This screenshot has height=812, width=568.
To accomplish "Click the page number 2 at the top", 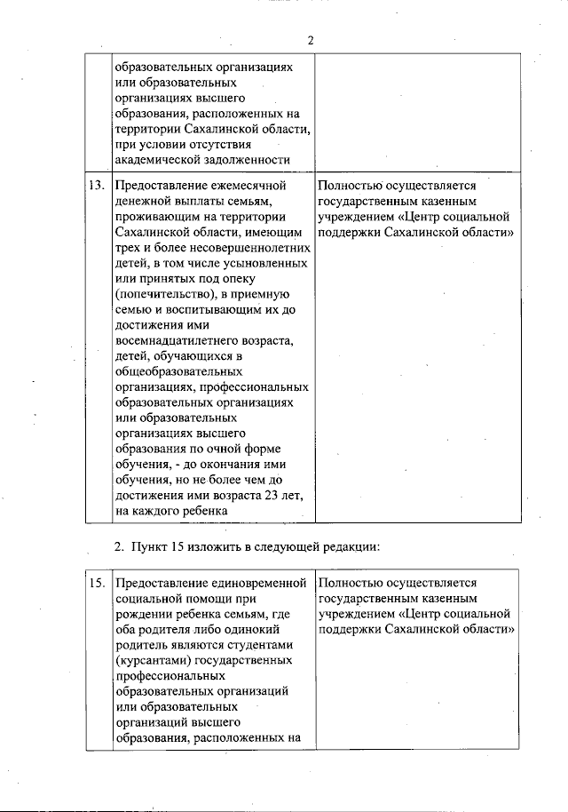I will pos(311,40).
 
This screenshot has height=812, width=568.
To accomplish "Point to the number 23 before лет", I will pos(273,497).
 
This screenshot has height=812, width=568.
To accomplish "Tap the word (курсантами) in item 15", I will pos(149,662).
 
